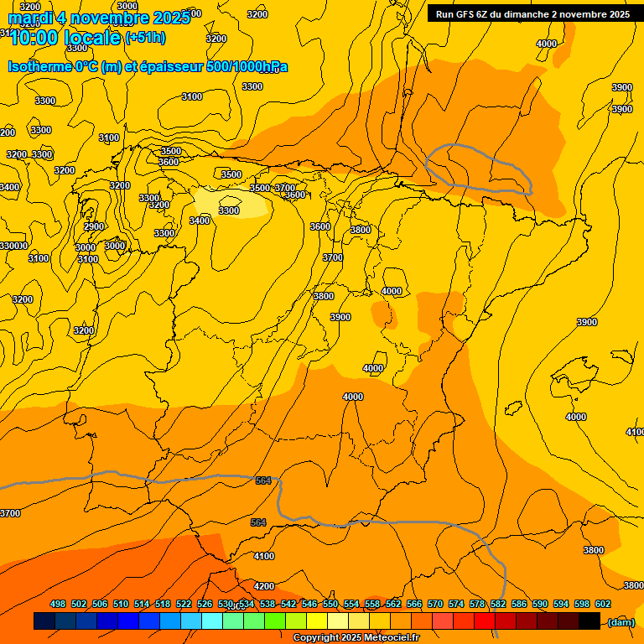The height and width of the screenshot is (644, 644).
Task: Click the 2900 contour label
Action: tap(94, 226)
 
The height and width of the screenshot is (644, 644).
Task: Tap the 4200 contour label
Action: tap(264, 586)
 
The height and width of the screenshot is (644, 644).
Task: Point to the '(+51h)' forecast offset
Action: tap(145, 38)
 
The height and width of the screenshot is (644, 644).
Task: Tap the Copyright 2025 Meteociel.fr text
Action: tap(356, 638)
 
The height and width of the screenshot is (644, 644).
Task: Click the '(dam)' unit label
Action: tap(621, 621)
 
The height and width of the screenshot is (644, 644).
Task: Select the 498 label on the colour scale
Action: tap(58, 604)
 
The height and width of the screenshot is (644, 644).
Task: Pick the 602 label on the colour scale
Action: tap(602, 604)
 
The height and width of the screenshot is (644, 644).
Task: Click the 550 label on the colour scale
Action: tap(330, 604)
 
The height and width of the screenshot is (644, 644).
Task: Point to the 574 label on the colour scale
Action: tap(456, 604)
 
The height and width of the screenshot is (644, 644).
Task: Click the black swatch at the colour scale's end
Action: tap(589, 621)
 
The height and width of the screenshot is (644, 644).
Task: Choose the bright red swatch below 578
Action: tap(484, 621)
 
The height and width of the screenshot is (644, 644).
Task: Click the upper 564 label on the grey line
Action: tap(263, 480)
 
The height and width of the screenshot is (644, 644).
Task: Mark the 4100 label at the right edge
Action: tap(635, 432)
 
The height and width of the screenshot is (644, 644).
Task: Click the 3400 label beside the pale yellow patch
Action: tap(200, 221)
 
